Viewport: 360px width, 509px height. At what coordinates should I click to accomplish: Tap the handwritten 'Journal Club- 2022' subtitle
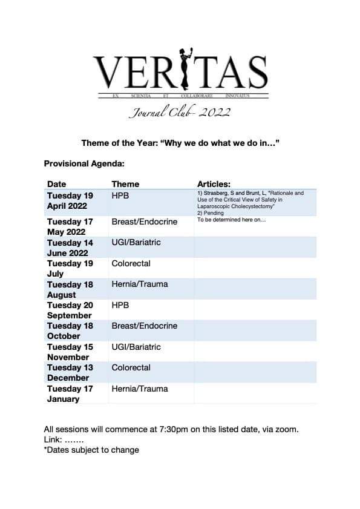pos(180,111)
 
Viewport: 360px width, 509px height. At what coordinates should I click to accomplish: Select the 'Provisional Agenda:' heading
pos(84,163)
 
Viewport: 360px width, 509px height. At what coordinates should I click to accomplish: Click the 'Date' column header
pos(57,184)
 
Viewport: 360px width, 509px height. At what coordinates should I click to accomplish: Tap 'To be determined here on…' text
pos(232,220)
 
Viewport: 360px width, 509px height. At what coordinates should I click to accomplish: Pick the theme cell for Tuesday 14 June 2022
pos(136,243)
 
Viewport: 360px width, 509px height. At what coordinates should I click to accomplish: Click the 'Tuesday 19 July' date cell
pos(70,268)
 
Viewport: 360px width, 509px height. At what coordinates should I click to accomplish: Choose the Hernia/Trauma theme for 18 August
pos(140,284)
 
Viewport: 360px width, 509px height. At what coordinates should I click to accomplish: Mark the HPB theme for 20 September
pos(120,305)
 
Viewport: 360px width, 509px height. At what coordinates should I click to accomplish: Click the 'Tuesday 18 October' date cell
pos(70,330)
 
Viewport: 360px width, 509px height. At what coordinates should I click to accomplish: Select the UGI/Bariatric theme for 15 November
pos(136,347)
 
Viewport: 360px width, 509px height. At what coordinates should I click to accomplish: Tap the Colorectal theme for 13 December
pos(131,367)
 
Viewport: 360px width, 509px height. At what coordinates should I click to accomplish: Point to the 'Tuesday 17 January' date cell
pos(70,393)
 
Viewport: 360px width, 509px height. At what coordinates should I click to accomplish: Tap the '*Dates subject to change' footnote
pos(91,450)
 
